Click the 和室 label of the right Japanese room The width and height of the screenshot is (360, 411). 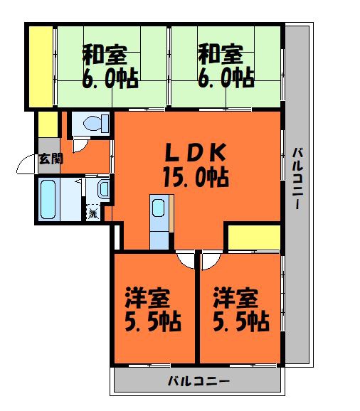point(220,53)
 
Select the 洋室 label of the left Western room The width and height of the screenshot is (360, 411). point(148,296)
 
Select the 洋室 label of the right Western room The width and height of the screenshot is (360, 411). point(235,296)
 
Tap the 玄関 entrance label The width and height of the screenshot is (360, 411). point(50,158)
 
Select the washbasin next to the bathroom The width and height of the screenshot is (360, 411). point(102,190)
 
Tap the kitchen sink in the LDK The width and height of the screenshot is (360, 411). point(159,209)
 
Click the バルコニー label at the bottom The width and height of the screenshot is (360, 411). point(198,380)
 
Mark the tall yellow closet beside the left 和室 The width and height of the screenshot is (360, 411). point(41,65)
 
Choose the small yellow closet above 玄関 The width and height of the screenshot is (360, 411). point(47,124)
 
